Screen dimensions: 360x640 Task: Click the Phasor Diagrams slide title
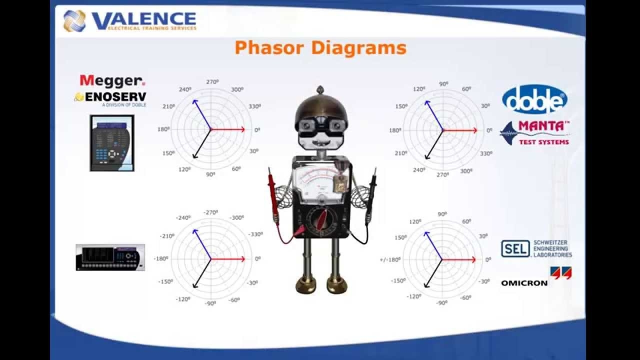click(320, 48)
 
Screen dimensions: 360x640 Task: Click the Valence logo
click(129, 20)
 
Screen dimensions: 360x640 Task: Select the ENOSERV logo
click(110, 97)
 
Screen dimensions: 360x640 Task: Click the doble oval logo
click(534, 99)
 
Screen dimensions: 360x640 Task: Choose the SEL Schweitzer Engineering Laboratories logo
click(536, 248)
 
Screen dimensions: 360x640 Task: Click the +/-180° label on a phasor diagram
click(390, 259)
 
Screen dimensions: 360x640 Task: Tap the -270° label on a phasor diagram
click(210, 212)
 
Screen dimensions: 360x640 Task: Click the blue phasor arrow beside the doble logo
click(433, 115)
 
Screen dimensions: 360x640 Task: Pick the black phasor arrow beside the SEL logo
click(432, 273)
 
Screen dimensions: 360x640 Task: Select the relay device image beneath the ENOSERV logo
click(112, 143)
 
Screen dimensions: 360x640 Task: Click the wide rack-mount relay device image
click(110, 257)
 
